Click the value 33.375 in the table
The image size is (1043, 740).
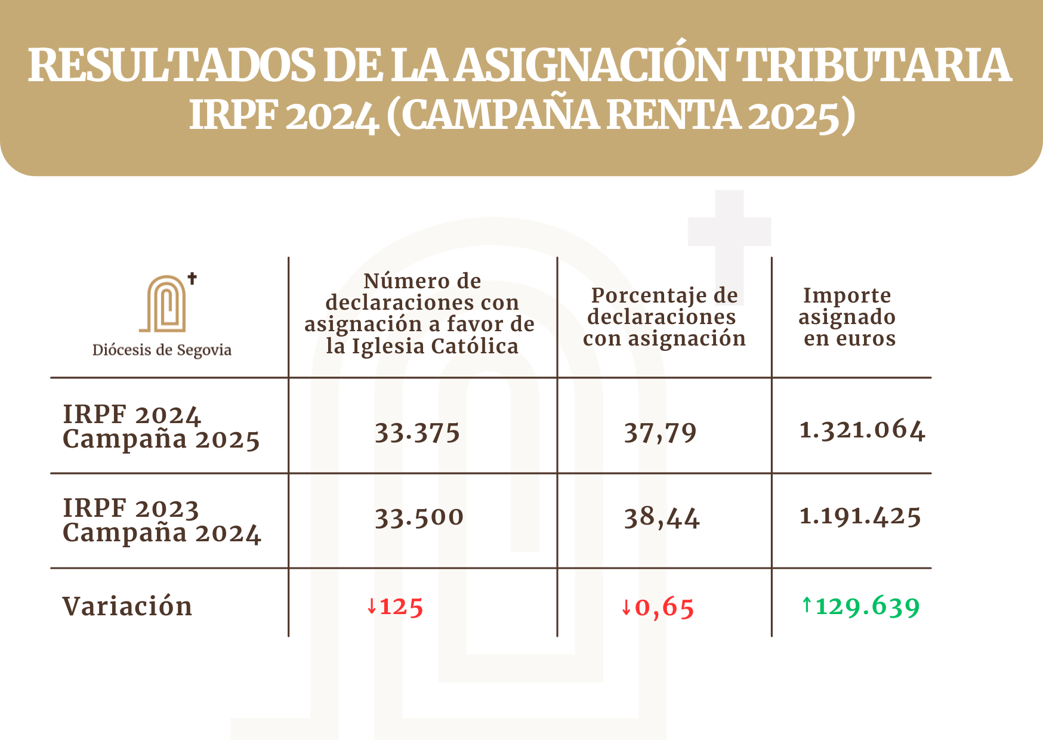417,433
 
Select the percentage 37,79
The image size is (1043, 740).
660,433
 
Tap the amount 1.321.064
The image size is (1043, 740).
862,430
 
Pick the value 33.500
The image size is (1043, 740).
419,517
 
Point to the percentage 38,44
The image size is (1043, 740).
662,517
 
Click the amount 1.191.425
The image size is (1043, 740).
860,516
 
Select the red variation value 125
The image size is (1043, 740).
402,607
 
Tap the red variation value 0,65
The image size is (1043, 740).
664,608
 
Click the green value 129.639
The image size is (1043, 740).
868,606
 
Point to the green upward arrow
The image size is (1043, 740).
807,605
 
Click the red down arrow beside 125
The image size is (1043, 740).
372,607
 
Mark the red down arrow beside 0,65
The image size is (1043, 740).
626,608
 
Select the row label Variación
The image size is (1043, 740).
127,606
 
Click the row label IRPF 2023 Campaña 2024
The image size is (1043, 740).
161,520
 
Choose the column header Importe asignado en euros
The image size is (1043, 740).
847,317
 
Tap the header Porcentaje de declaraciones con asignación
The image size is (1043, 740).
664,317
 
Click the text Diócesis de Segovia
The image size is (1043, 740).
162,350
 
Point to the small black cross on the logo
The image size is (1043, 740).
192,278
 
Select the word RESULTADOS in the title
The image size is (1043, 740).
171,65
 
